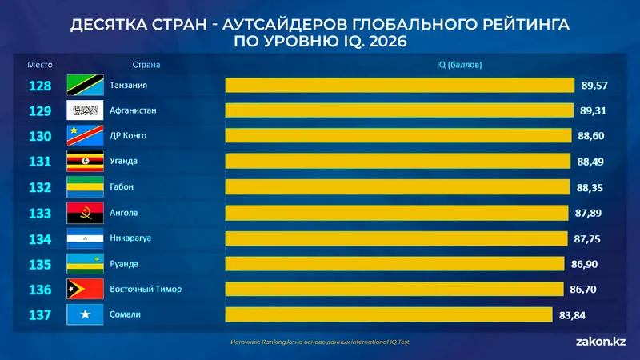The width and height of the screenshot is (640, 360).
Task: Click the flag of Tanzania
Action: [82, 85]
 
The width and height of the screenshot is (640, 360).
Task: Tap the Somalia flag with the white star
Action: [82, 315]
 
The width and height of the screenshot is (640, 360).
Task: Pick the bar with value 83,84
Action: [388, 315]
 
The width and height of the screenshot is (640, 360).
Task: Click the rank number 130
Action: [39, 136]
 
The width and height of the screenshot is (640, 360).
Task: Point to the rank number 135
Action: [39, 264]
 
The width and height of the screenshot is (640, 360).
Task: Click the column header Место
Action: [39, 64]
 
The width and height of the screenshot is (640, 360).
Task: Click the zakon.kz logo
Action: [600, 342]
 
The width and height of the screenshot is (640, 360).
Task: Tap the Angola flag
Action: [82, 213]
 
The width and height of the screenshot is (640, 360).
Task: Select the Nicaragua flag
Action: [82, 238]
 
